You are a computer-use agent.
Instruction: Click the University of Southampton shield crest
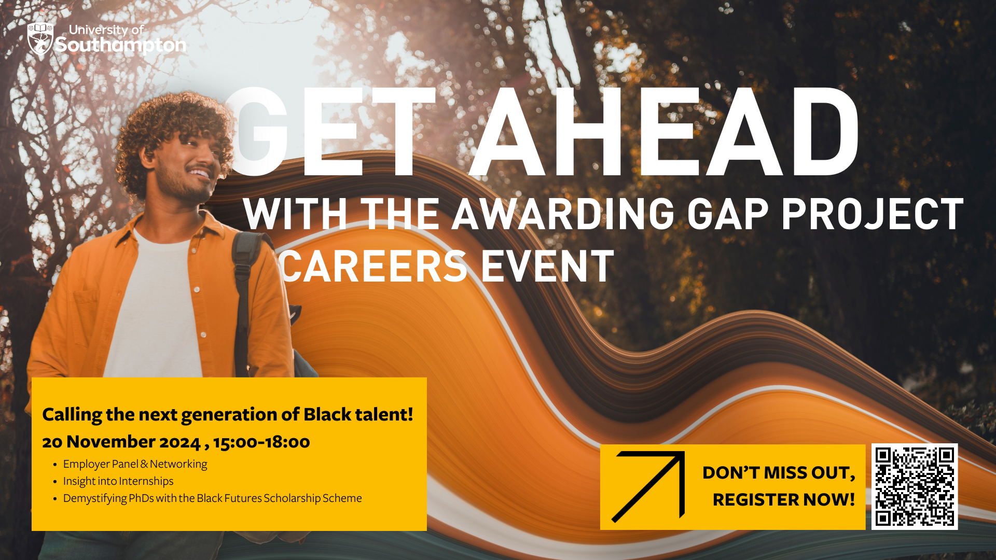click(40, 39)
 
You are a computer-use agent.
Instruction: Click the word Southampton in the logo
click(121, 46)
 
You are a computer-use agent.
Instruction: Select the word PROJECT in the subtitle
click(873, 214)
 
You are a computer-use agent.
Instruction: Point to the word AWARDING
click(563, 214)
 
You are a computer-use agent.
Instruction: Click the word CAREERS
click(374, 267)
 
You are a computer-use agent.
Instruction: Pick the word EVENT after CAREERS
click(548, 267)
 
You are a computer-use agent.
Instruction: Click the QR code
click(915, 486)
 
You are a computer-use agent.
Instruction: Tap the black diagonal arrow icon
click(648, 486)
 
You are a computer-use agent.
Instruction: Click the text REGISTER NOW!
click(784, 500)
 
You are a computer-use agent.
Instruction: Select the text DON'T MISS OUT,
click(779, 473)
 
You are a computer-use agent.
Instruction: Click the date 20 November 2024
click(121, 442)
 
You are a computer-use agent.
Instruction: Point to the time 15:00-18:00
click(261, 442)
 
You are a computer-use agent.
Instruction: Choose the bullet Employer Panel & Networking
click(135, 464)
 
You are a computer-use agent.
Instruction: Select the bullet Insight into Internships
click(118, 481)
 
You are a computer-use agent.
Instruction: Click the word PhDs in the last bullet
click(141, 498)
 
